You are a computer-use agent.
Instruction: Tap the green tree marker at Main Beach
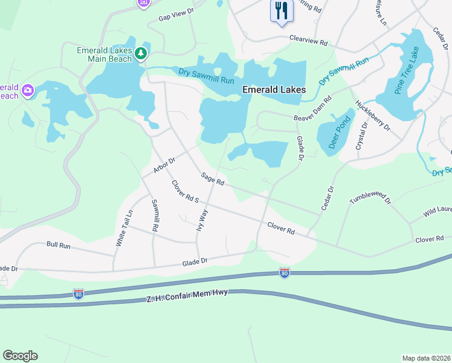[141, 54]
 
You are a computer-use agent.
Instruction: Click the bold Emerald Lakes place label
[274, 90]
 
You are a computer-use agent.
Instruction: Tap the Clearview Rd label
[308, 42]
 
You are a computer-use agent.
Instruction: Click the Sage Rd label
[213, 180]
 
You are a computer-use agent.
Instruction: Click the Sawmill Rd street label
[155, 215]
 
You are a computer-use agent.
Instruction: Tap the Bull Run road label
[59, 245]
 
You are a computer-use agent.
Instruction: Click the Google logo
[20, 356]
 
